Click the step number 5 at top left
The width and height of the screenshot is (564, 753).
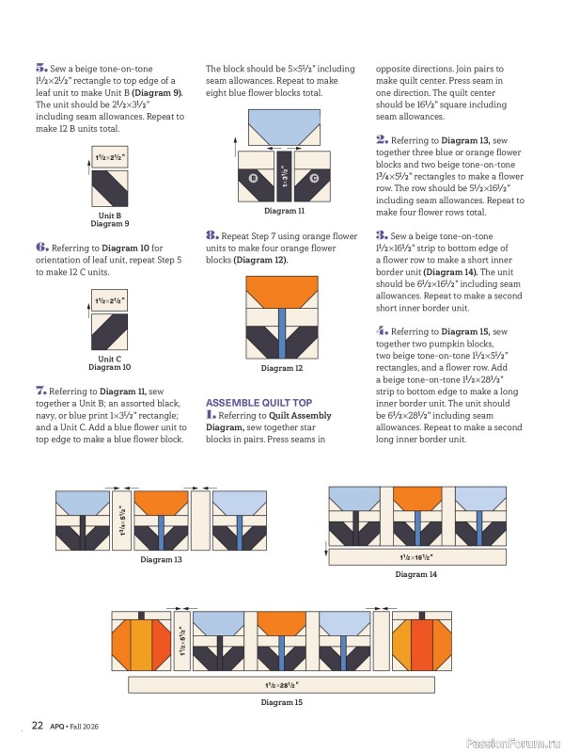point(41,68)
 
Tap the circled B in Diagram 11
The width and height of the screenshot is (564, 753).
point(254,178)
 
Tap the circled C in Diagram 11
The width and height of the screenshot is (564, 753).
point(314,178)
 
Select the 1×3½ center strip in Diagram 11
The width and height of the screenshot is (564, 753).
point(284,176)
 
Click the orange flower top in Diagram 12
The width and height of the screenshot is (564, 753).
point(282,291)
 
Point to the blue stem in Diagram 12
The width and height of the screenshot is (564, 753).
point(282,333)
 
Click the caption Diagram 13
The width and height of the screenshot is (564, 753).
point(161,559)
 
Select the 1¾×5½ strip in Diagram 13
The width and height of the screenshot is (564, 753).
point(121,521)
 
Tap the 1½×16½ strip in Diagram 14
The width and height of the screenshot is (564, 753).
point(417,557)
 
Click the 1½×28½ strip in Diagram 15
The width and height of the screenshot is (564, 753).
point(281,685)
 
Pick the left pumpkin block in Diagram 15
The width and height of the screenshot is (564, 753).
point(141,641)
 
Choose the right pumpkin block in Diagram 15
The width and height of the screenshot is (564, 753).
point(422,641)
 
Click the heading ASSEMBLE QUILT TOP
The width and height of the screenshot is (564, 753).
point(259,403)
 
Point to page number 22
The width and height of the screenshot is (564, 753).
point(38,725)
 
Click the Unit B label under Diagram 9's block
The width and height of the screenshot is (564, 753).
point(110,216)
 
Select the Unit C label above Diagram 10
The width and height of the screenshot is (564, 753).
point(110,359)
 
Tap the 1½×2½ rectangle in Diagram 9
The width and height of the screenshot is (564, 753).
point(110,157)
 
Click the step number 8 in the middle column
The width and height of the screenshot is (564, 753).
point(211,235)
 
